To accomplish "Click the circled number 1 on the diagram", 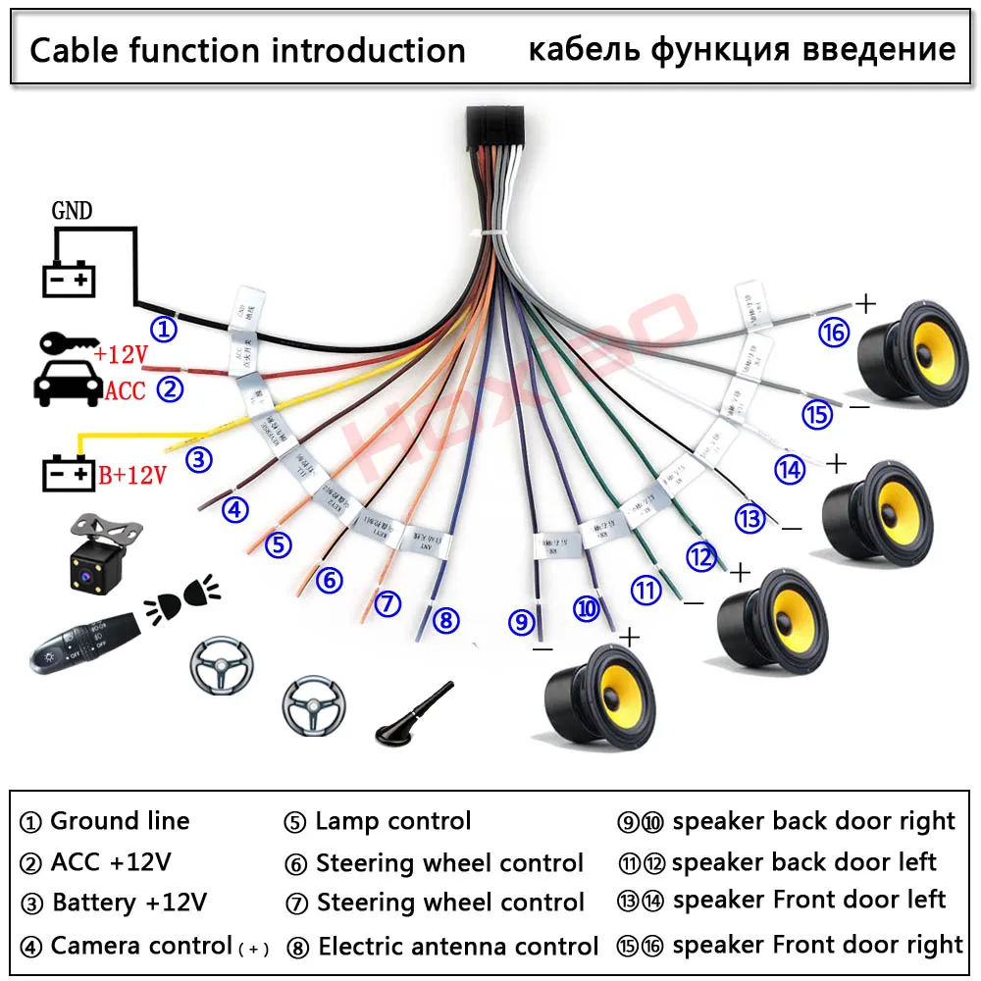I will (165, 329).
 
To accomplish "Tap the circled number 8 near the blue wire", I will (445, 620).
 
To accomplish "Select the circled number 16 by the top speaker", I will (834, 334).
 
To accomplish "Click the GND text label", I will (72, 211).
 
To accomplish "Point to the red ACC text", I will (125, 392).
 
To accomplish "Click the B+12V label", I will (131, 476).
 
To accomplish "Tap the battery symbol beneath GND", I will (69, 279).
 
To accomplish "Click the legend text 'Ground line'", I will (119, 821).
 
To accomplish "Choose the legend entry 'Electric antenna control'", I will (457, 947).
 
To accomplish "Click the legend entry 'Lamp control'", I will (392, 821).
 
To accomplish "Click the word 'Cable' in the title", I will (77, 50).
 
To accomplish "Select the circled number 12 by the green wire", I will (701, 557).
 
